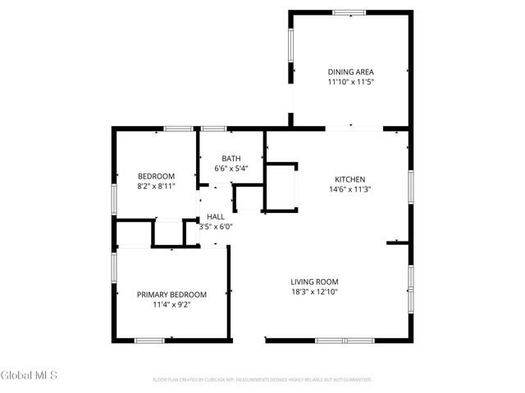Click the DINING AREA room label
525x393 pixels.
click(350, 72)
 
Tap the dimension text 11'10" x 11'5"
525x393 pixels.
click(350, 82)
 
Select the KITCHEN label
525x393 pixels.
click(349, 179)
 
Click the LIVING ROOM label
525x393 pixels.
click(315, 282)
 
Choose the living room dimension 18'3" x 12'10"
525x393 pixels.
click(315, 291)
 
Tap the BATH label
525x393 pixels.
click(231, 159)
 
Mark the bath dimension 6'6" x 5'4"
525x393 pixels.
click(231, 169)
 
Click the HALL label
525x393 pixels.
click(216, 217)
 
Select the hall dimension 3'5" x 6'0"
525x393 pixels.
click(216, 227)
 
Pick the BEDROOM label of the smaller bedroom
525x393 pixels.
click(156, 176)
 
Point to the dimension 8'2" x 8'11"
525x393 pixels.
click(156, 186)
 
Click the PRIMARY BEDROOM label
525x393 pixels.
click(171, 295)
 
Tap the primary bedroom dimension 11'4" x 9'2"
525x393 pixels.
click(171, 305)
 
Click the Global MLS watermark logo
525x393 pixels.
click(30, 375)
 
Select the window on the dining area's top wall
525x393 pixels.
click(349, 11)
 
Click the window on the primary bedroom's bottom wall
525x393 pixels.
click(149, 340)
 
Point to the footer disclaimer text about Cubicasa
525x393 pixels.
click(262, 380)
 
